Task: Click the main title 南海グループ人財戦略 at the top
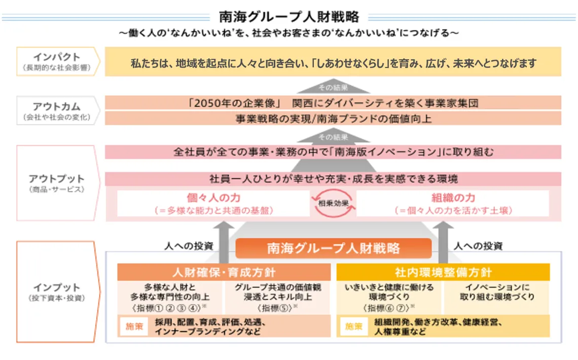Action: pyautogui.click(x=289, y=17)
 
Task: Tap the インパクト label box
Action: pyautogui.click(x=56, y=61)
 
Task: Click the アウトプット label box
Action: pyautogui.click(x=56, y=183)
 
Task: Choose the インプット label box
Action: pyautogui.click(x=56, y=292)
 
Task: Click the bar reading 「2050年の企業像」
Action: pyautogui.click(x=333, y=103)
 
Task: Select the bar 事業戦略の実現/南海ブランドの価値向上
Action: pyautogui.click(x=333, y=119)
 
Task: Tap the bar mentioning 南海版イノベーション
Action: pyautogui.click(x=333, y=152)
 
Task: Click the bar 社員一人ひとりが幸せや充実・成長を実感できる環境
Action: pyautogui.click(x=333, y=179)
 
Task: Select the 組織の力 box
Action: pyautogui.click(x=453, y=203)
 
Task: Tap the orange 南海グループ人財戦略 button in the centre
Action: pyautogui.click(x=333, y=248)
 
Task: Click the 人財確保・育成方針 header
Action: pyautogui.click(x=224, y=272)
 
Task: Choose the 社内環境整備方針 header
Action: pyautogui.click(x=443, y=272)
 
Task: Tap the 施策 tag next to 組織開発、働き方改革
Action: pyautogui.click(x=354, y=327)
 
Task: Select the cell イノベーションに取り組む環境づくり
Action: pyautogui.click(x=497, y=293)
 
